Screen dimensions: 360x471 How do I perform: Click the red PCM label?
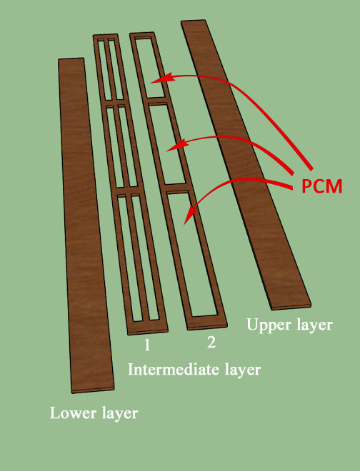pyautogui.click(x=322, y=186)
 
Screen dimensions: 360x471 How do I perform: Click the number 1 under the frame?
pyautogui.click(x=147, y=345)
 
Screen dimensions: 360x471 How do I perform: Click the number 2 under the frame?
pyautogui.click(x=211, y=342)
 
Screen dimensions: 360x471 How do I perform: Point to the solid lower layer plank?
pyautogui.click(x=85, y=226)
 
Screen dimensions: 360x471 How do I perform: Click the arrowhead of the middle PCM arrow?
pyautogui.click(x=177, y=145)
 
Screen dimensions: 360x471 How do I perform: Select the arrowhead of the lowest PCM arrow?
pyautogui.click(x=190, y=214)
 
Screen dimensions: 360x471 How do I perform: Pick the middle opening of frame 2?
pyautogui.click(x=167, y=144)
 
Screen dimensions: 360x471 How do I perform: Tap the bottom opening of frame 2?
pyautogui.click(x=192, y=255)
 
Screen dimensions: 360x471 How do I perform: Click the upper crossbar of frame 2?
pyautogui.click(x=156, y=101)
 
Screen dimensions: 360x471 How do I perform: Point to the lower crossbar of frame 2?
pyautogui.click(x=177, y=188)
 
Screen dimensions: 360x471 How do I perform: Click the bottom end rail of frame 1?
pyautogui.click(x=147, y=327)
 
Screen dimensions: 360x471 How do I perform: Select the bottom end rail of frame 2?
pyautogui.click(x=207, y=323)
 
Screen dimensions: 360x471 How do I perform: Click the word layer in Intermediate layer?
pyautogui.click(x=243, y=370)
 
